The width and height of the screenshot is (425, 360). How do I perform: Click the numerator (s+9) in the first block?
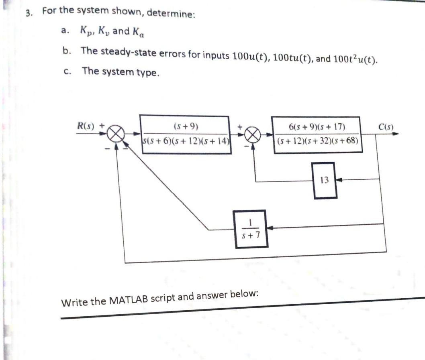pos(186,127)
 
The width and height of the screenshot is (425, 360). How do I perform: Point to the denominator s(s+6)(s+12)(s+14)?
pos(186,141)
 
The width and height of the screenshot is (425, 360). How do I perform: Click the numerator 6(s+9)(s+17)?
pos(317,127)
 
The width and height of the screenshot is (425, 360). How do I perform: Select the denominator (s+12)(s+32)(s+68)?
pos(317,142)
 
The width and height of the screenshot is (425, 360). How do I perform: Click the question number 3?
pos(28,12)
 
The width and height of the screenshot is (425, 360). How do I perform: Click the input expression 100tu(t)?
pos(292,57)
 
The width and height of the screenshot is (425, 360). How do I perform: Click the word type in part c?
pos(148,73)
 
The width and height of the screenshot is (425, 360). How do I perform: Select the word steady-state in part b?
pos(121,53)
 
